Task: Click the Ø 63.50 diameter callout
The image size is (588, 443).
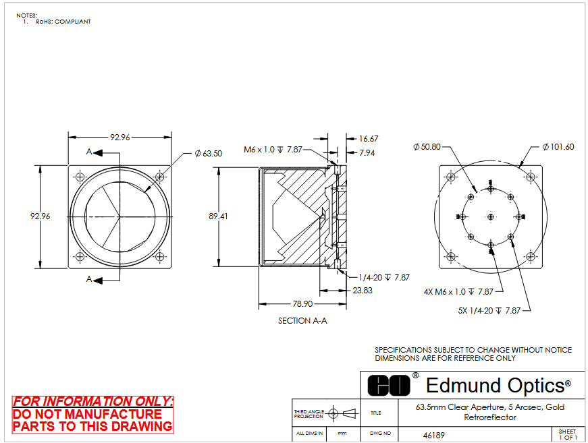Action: (x=209, y=154)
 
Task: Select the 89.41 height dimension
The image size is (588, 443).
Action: (x=218, y=216)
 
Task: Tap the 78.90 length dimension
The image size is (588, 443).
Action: (x=302, y=303)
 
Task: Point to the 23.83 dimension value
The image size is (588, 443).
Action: (x=363, y=291)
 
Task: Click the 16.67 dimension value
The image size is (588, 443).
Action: (x=369, y=139)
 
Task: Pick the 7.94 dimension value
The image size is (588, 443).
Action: (x=367, y=153)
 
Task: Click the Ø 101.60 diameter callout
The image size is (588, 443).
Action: (x=558, y=147)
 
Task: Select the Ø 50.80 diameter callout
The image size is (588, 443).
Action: (x=427, y=147)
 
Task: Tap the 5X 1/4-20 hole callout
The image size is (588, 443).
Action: (x=489, y=310)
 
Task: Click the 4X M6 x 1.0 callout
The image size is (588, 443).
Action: (x=458, y=292)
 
